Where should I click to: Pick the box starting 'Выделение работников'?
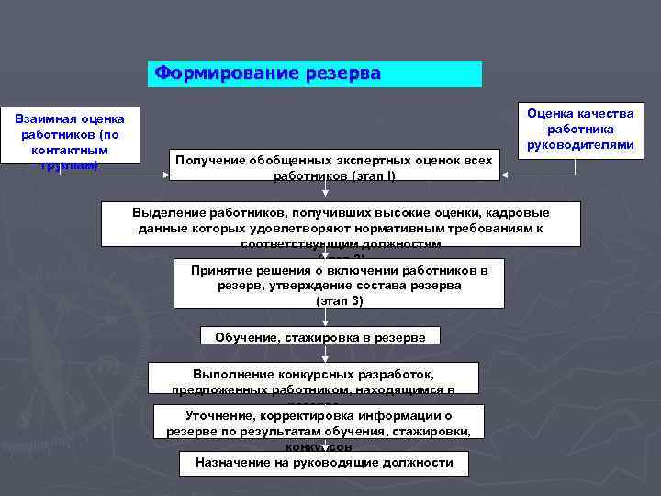tap(341, 223)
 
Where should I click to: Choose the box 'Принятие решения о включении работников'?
tap(339, 285)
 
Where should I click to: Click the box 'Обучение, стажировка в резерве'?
tap(320, 336)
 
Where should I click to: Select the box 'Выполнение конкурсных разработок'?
tap(313, 378)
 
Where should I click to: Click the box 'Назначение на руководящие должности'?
tap(323, 463)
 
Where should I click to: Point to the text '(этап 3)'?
tap(339, 301)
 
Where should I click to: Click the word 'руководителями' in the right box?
tap(579, 145)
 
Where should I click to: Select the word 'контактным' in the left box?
tap(70, 150)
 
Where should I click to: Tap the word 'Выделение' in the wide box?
tap(166, 212)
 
